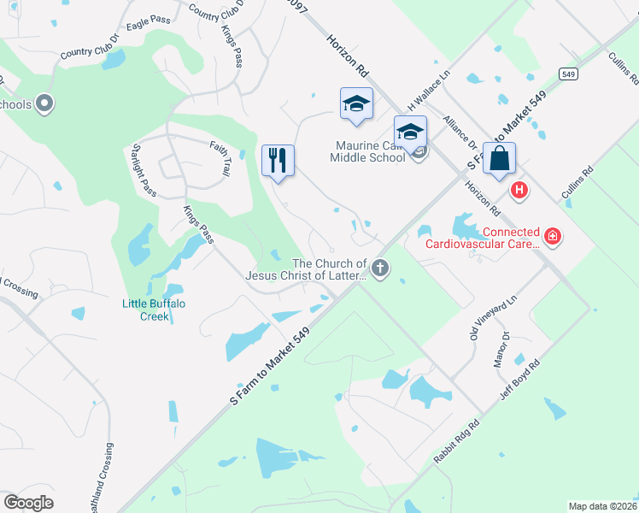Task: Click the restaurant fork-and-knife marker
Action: pos(278,160)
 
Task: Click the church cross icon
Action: pos(380,269)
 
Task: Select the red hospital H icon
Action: pos(517,189)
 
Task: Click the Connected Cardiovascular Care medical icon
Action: pos(553,235)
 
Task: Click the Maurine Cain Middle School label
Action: pos(370,151)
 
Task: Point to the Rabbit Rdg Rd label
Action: pos(457,441)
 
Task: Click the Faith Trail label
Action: pos(220,158)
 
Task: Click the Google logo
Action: pos(29,503)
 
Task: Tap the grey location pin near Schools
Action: pos(45,104)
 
